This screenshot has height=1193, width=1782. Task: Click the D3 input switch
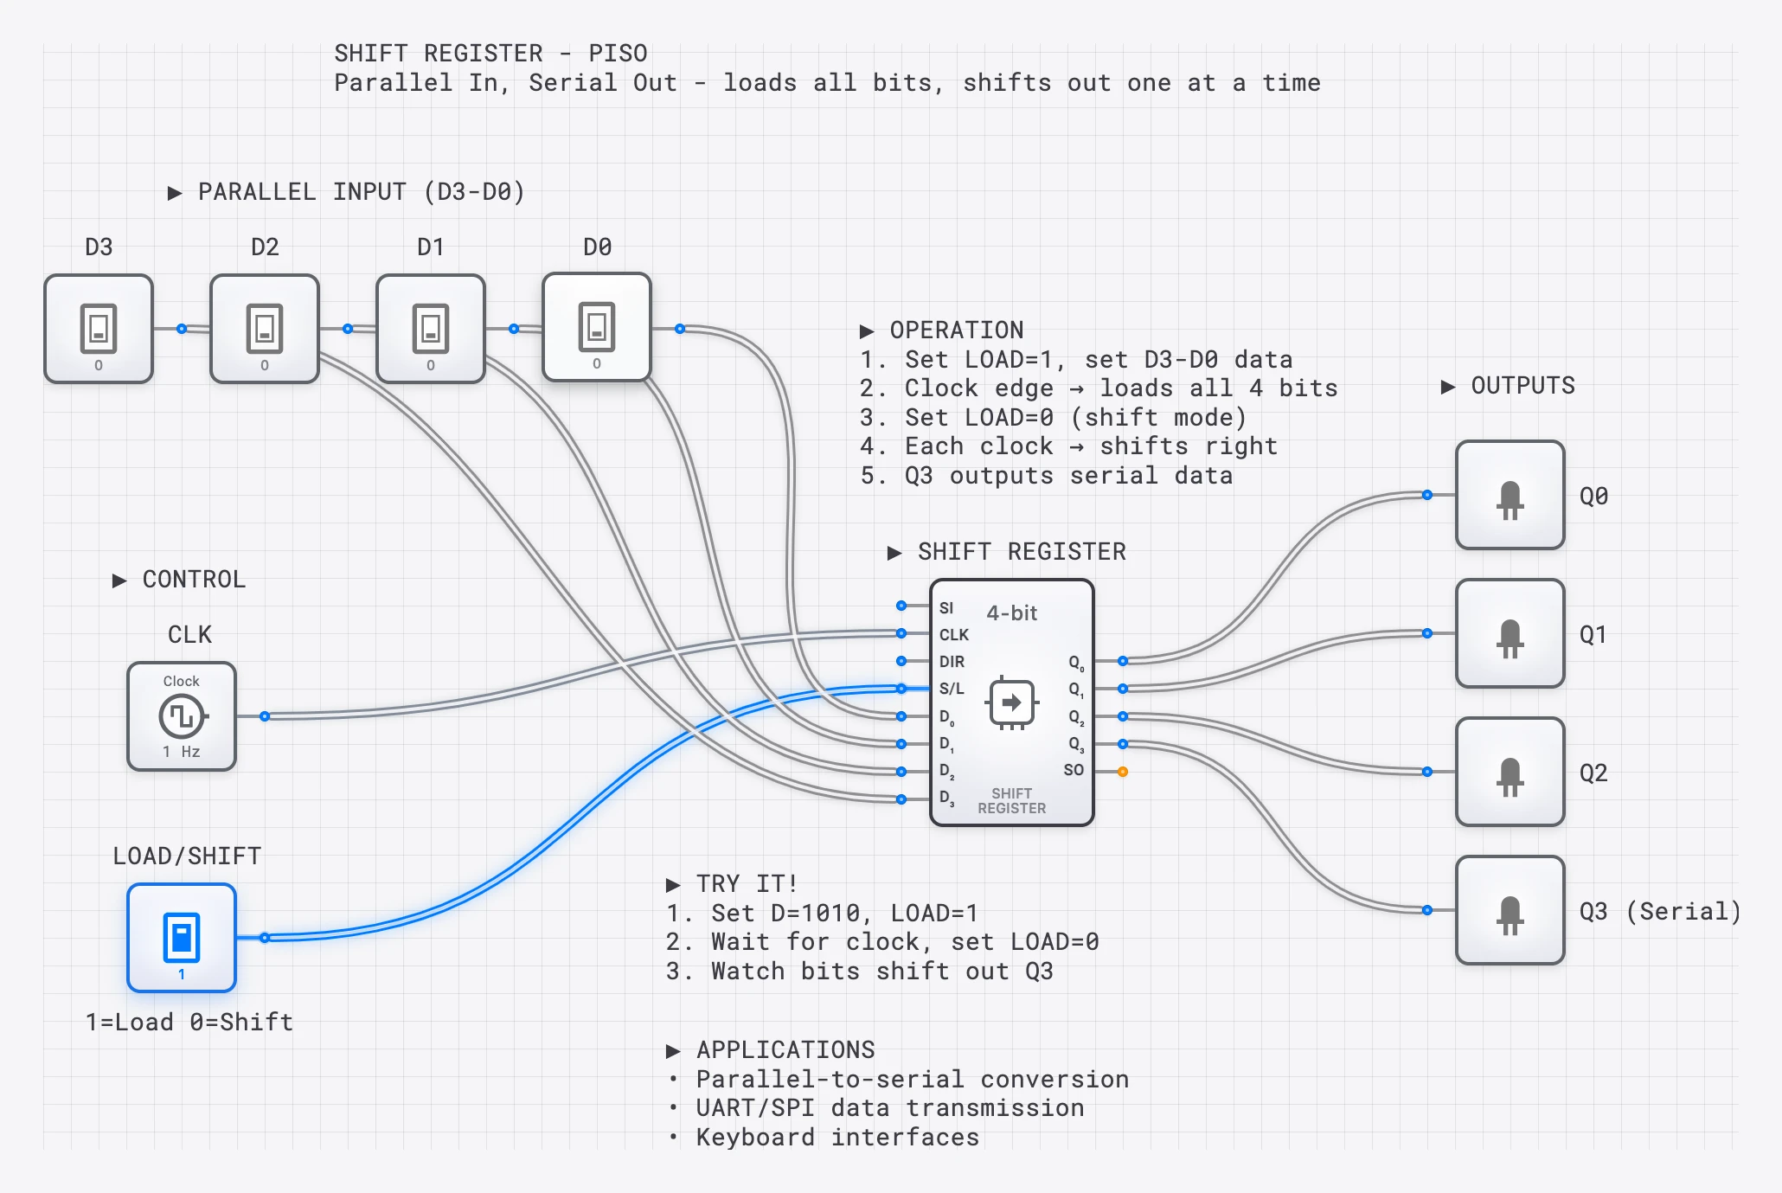(x=99, y=329)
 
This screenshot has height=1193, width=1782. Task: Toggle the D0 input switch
(x=597, y=327)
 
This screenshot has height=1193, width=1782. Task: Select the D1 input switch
(x=431, y=329)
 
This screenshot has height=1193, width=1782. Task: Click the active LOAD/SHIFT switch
(x=182, y=938)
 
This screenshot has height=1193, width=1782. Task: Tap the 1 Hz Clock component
(x=182, y=716)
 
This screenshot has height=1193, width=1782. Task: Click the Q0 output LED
(x=1510, y=495)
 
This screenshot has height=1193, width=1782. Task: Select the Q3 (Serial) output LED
(x=1510, y=910)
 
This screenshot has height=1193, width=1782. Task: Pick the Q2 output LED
(x=1510, y=772)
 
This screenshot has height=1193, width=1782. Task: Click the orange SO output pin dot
(x=1123, y=772)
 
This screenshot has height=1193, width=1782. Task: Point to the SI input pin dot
(x=901, y=606)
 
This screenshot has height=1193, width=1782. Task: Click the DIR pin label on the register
(x=952, y=662)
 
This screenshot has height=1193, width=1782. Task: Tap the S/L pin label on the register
(x=952, y=689)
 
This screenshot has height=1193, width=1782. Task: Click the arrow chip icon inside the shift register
(x=1011, y=702)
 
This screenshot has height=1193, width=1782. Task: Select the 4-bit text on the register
(x=1011, y=613)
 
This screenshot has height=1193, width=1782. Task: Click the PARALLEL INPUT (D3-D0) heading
(x=361, y=192)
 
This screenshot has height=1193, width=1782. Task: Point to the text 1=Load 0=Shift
(x=189, y=1023)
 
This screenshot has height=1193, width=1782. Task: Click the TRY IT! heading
(x=746, y=884)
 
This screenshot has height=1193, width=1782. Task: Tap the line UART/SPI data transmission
(x=889, y=1108)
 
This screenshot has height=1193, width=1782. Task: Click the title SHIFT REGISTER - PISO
(x=490, y=54)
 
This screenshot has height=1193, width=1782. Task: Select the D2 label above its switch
(x=265, y=247)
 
